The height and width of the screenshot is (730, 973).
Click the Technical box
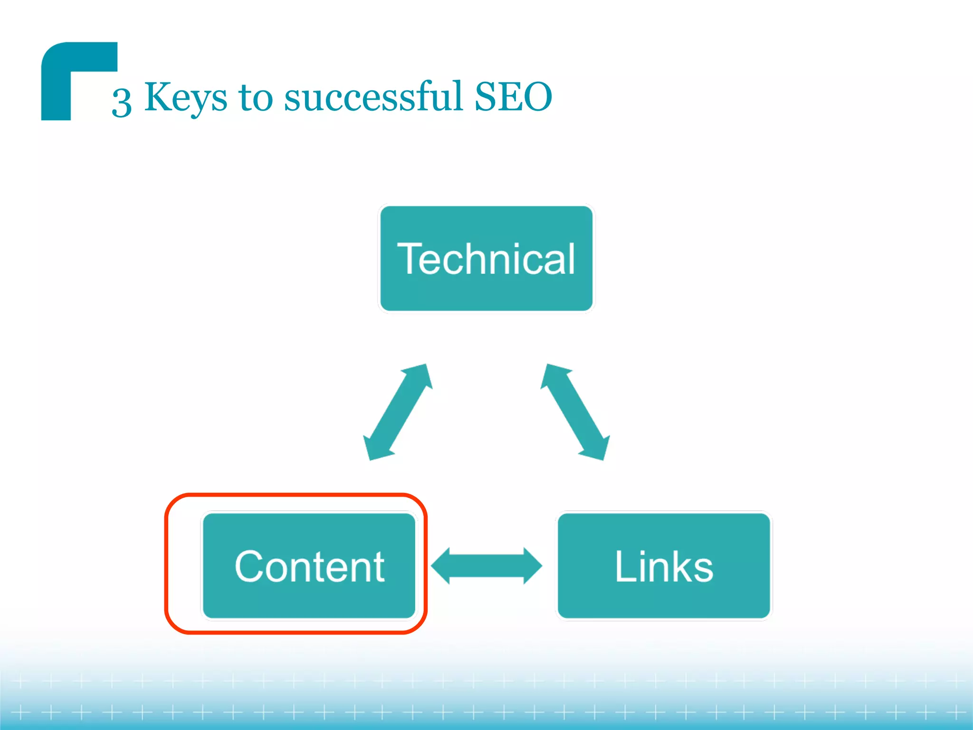pos(486,259)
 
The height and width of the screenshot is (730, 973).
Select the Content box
pos(309,566)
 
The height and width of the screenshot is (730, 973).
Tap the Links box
pos(664,566)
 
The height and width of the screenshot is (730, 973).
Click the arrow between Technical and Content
pos(398,412)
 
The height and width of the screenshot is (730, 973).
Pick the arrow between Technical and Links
pos(575,412)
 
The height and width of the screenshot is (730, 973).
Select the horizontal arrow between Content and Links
pos(486,566)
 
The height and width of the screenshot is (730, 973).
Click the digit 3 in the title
pos(122,102)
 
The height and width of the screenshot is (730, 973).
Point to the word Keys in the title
pos(186,98)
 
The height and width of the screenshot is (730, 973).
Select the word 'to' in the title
pos(256,97)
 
